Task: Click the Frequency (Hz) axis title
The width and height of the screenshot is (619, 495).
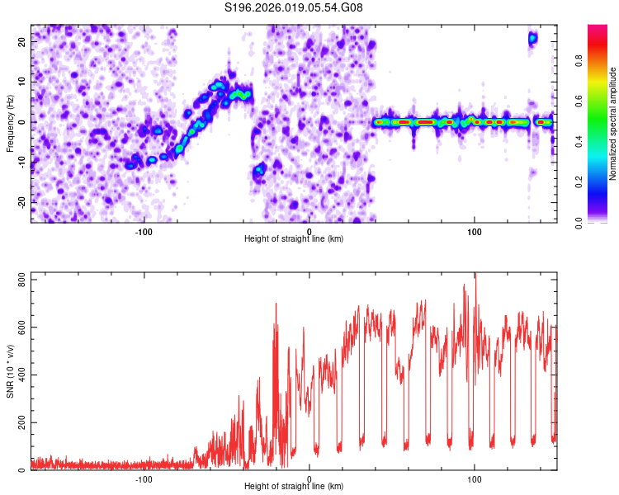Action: coord(11,122)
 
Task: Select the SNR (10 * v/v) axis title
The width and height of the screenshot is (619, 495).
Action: coord(11,370)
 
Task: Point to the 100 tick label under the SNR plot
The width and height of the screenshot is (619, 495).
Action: coord(475,478)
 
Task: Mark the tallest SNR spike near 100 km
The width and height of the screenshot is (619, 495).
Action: coord(475,276)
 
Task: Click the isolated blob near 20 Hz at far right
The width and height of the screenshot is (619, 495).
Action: coord(533,37)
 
